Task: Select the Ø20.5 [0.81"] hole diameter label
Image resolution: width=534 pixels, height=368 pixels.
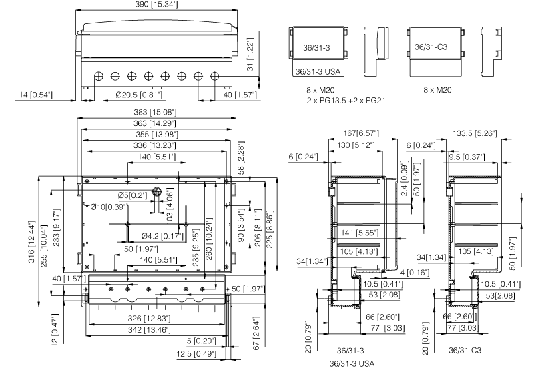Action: point(138,95)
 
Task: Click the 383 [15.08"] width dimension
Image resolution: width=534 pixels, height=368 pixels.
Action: point(158,111)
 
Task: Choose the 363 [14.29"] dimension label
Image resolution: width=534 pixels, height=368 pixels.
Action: point(158,123)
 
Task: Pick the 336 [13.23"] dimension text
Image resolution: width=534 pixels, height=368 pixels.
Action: point(158,146)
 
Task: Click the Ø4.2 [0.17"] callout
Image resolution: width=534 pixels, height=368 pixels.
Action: point(163,235)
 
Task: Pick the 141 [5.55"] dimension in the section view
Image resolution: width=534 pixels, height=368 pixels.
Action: point(359,233)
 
